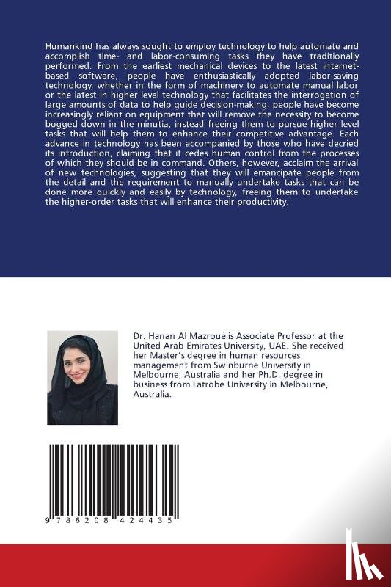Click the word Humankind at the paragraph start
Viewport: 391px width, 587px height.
[x=69, y=45]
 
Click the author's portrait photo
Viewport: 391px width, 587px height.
[x=82, y=377]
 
